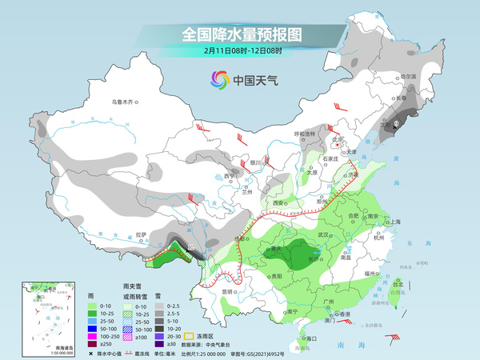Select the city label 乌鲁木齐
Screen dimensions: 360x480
coord(126,102)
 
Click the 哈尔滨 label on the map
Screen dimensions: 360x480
coord(409,76)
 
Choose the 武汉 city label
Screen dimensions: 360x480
coord(324,234)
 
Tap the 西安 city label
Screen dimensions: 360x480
coord(279,203)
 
